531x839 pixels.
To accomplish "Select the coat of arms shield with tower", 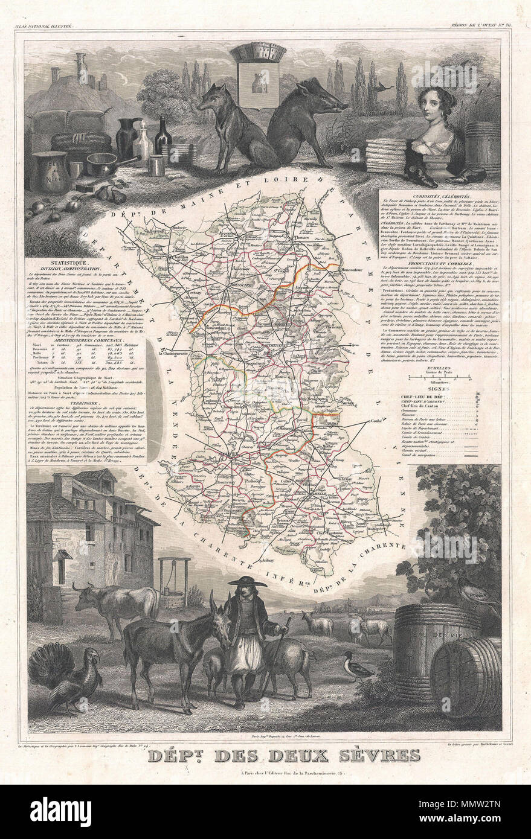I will pos(257,78).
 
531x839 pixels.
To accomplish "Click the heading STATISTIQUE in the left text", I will pos(86,264).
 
